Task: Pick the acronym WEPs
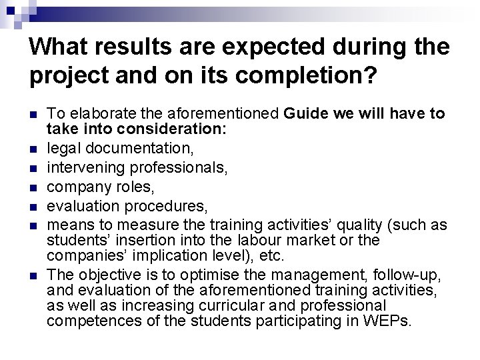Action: pyautogui.click(x=388, y=321)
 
